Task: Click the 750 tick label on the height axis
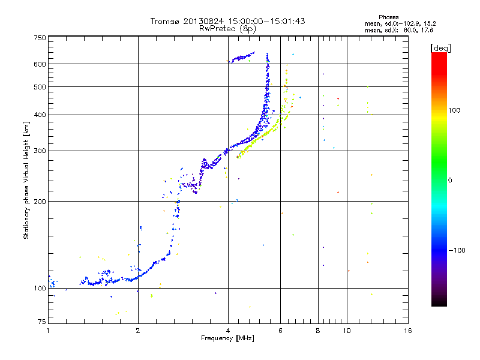[40, 38]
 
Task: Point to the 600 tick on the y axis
[40, 64]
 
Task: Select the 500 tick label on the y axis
[40, 87]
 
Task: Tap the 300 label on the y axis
[40, 151]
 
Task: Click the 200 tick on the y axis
[40, 201]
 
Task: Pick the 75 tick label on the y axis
[41, 323]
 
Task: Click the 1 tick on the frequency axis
[48, 330]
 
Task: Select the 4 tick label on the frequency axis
[228, 330]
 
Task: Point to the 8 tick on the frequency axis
[318, 330]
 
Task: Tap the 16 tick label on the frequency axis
[407, 330]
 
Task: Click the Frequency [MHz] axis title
[228, 338]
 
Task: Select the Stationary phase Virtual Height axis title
[26, 180]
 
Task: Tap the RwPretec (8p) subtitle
[228, 28]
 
